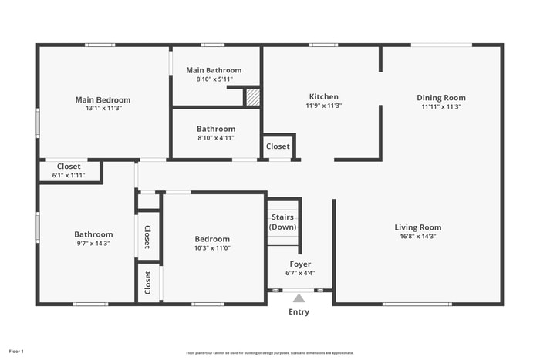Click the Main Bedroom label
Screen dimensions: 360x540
(103, 99)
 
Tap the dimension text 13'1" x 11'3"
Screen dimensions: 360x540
(103, 109)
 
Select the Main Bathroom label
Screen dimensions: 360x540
(214, 70)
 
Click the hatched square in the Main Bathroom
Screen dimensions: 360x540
(253, 97)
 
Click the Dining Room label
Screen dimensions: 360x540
(441, 98)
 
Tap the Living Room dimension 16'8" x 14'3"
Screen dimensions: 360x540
(417, 237)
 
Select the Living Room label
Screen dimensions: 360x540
(417, 227)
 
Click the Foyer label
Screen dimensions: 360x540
(300, 264)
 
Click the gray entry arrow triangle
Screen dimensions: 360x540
(299, 297)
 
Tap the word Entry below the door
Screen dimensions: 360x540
(299, 312)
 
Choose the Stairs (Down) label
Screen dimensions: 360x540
(282, 222)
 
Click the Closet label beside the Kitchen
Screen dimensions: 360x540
(278, 146)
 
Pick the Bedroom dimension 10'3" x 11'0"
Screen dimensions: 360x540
(212, 248)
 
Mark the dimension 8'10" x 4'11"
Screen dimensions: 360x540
(216, 138)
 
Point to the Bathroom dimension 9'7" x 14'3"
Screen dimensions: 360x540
(93, 244)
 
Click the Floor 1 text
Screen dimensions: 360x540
(16, 352)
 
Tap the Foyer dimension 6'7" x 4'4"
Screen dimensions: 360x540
(300, 273)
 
